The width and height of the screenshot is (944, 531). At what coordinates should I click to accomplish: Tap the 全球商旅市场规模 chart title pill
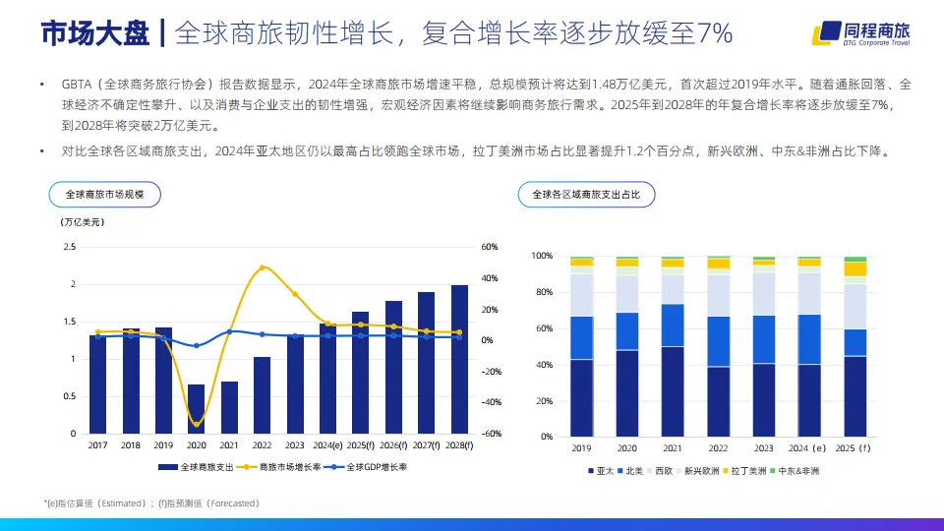tap(104, 195)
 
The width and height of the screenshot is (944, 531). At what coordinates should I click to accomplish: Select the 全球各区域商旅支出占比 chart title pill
tap(585, 195)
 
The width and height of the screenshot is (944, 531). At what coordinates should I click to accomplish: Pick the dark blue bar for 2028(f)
tap(459, 359)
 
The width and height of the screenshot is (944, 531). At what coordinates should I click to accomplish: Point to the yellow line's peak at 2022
tap(262, 267)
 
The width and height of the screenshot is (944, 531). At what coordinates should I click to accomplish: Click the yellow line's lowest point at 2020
tap(197, 424)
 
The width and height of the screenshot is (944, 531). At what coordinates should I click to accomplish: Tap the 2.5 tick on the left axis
tap(70, 247)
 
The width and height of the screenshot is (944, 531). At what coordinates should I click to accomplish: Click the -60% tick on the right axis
tap(490, 434)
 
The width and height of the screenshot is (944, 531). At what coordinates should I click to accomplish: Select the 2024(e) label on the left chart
tap(327, 445)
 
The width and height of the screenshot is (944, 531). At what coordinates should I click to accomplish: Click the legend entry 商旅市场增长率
tap(288, 467)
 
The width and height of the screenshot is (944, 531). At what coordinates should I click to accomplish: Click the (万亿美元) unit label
tap(83, 222)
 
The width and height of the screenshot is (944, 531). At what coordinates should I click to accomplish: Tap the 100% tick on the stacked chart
tap(543, 256)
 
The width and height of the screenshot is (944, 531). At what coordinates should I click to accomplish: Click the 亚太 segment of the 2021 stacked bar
tap(673, 391)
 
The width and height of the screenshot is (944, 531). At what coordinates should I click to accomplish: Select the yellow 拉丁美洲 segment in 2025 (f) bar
tap(855, 268)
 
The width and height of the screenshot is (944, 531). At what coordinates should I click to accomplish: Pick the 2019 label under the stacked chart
tap(582, 447)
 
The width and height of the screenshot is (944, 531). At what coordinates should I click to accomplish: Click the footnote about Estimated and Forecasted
tap(152, 502)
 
